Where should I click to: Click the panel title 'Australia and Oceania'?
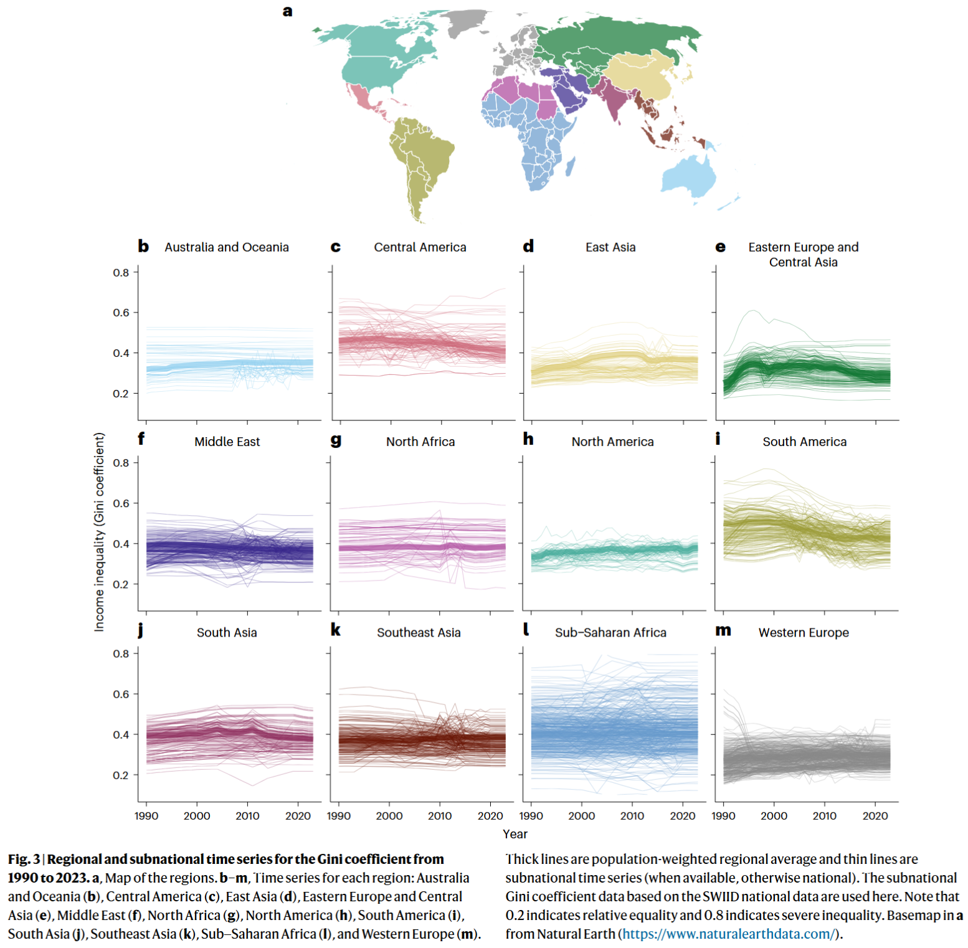226,247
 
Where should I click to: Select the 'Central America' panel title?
420,247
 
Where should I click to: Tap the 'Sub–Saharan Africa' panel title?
610,633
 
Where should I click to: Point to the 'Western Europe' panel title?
804,633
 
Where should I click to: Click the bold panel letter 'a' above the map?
287,11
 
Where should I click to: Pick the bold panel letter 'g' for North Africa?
336,440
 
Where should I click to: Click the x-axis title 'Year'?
515,834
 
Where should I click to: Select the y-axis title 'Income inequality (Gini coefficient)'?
99,532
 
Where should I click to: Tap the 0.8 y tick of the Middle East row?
121,463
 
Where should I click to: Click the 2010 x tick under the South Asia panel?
247,816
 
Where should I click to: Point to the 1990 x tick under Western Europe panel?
723,816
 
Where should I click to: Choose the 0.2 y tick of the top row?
121,394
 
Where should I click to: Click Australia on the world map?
688,174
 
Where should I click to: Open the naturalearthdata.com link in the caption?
727,934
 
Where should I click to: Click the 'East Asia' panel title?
610,247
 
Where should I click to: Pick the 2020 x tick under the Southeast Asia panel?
490,816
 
